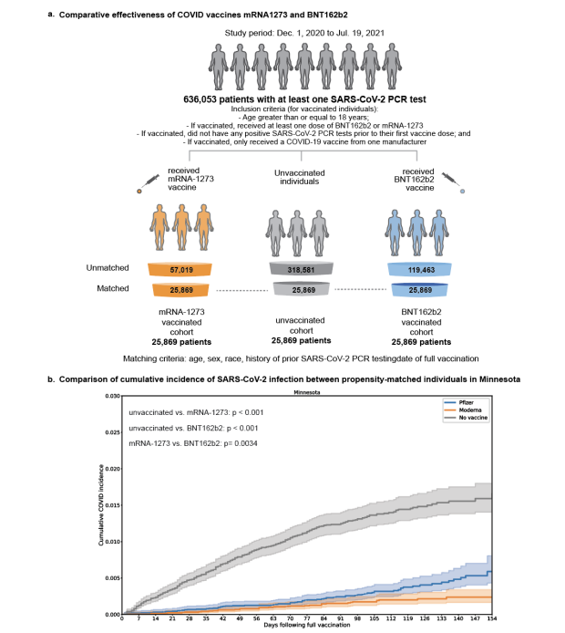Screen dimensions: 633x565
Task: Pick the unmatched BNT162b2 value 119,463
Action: (x=429, y=271)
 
